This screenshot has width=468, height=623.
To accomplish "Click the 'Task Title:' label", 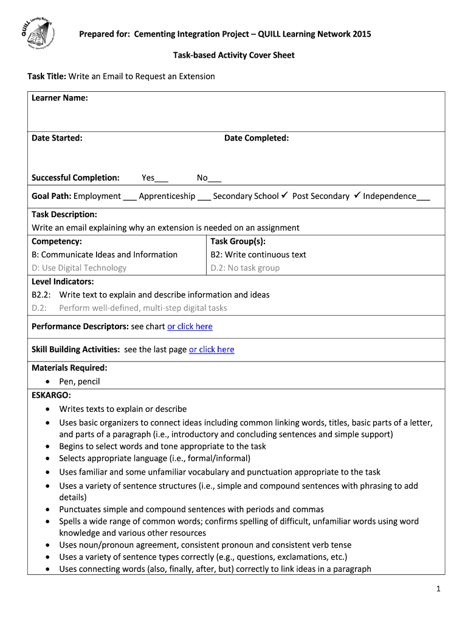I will pos(47,77).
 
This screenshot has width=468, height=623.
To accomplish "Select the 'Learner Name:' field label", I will pos(60,98).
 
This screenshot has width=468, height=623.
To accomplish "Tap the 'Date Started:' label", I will pos(57,138).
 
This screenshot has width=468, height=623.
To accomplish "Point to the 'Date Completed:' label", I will pos(256,138).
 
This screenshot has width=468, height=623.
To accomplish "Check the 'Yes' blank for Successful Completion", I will pos(162,178).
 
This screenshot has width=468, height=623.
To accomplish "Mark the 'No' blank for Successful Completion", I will pos(215,178).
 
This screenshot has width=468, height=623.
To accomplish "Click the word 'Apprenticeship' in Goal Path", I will pos(167,196).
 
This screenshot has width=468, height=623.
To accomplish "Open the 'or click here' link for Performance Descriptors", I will pos(190,327).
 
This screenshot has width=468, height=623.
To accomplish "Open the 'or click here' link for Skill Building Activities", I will pos(212,349).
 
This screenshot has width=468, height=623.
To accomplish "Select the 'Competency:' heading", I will pos(57,242).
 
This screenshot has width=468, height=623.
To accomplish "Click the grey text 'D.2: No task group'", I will pos(245,268).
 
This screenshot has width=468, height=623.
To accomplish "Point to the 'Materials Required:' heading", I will pos(69,367).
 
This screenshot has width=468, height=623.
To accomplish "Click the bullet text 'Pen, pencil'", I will pos(79,381).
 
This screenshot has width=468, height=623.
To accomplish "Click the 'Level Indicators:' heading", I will pos(63,281).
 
